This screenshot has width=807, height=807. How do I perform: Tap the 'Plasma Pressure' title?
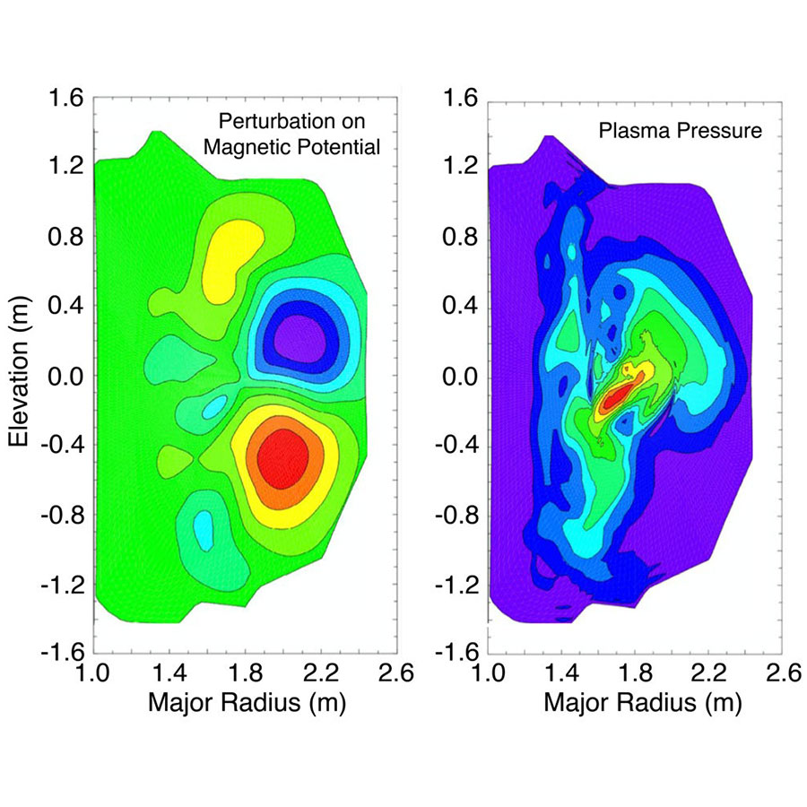tap(680, 131)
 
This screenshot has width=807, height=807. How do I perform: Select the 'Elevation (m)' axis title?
tap(19, 376)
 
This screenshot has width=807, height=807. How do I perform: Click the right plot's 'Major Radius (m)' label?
tap(642, 704)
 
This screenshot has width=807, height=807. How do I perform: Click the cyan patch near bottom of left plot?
tap(204, 529)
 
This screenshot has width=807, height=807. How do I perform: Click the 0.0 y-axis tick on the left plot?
tap(65, 376)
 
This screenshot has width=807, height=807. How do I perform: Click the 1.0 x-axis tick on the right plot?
tap(490, 672)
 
